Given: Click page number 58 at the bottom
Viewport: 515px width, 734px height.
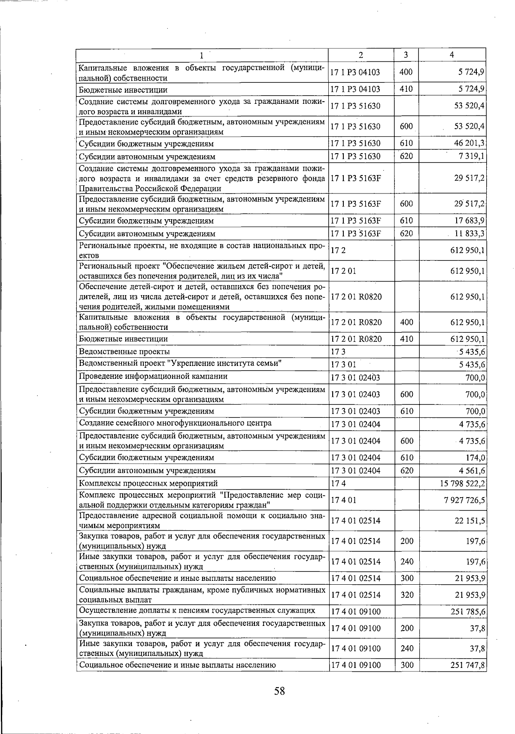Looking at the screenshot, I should pyautogui.click(x=279, y=691).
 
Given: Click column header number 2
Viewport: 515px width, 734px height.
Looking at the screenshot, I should pyautogui.click(x=360, y=55).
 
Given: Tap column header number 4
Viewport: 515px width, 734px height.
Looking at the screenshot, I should pyautogui.click(x=452, y=55).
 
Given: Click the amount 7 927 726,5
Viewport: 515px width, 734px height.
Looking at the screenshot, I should pyautogui.click(x=465, y=500).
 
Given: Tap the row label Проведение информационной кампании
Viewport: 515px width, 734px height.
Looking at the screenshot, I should pyautogui.click(x=153, y=377).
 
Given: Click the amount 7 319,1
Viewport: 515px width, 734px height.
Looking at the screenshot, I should pyautogui.click(x=472, y=157).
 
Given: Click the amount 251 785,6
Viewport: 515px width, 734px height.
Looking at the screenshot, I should pyautogui.click(x=468, y=611).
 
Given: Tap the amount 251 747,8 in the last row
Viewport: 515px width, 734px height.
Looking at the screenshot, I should pyautogui.click(x=468, y=665).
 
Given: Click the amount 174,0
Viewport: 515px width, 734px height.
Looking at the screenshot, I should pyautogui.click(x=476, y=458).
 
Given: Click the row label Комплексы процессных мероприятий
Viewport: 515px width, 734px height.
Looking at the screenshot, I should pyautogui.click(x=148, y=484).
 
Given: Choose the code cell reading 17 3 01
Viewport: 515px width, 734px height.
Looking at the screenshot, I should pyautogui.click(x=343, y=365).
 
